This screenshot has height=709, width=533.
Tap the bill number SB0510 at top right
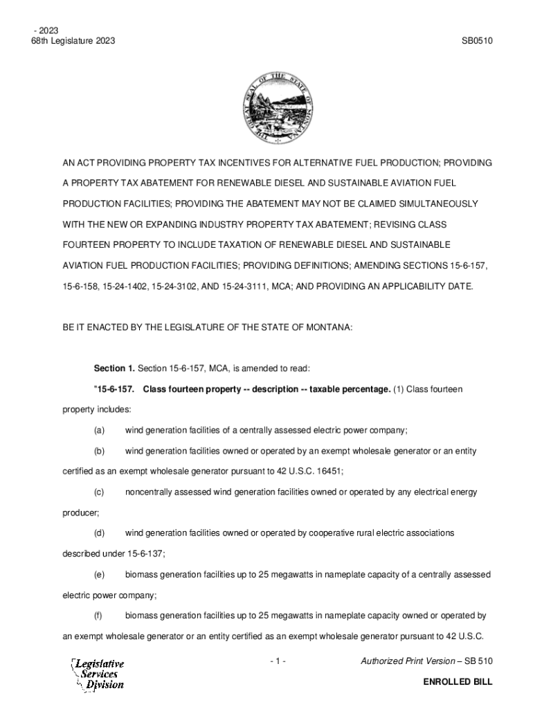click(x=477, y=41)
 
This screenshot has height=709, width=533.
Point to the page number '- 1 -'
click(x=278, y=662)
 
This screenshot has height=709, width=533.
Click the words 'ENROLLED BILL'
click(x=458, y=682)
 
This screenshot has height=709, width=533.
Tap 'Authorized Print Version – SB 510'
click(x=426, y=662)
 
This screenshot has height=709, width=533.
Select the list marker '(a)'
click(x=100, y=430)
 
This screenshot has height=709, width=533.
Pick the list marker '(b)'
click(x=100, y=451)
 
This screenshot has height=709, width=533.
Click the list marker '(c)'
click(x=100, y=492)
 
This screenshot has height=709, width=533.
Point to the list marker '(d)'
click(x=100, y=533)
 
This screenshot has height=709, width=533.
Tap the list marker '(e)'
click(x=100, y=575)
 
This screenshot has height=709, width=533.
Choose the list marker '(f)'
click(x=99, y=616)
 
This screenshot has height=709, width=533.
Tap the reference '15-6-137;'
click(x=146, y=554)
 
